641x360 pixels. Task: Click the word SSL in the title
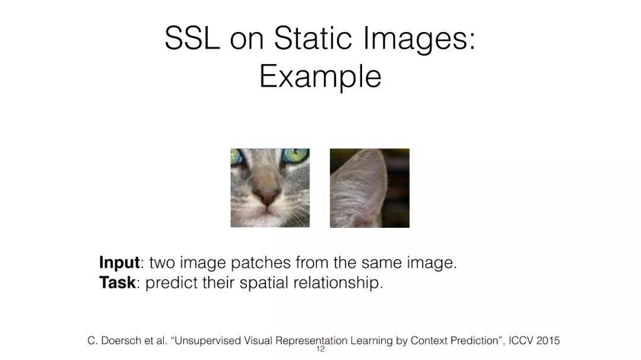point(192,38)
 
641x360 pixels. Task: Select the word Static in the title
point(313,38)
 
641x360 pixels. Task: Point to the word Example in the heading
point(320,77)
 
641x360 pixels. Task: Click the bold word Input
point(119,263)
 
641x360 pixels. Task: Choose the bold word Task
point(118,282)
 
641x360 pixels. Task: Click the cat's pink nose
point(268,197)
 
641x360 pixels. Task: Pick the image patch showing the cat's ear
point(370,188)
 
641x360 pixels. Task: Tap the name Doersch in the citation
point(120,341)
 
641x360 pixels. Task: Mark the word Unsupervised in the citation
point(208,341)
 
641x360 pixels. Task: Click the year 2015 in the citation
point(548,341)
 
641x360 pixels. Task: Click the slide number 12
point(320,349)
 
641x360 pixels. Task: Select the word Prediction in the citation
point(474,341)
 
